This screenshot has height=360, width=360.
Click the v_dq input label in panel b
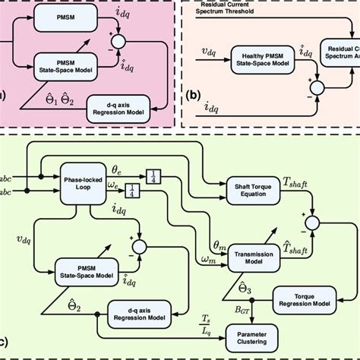tap(207, 54)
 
